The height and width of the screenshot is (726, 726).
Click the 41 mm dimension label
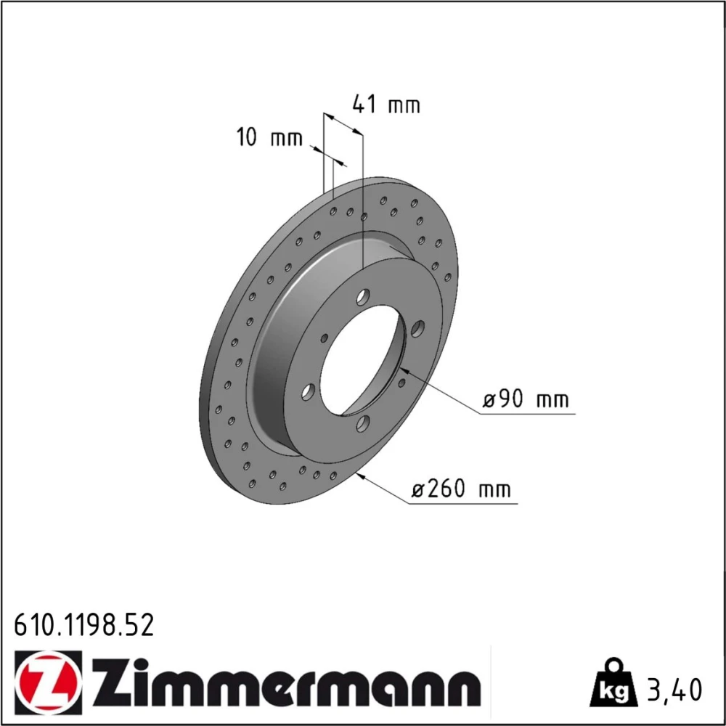coord(386,104)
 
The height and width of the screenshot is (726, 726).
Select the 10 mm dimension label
coord(269,137)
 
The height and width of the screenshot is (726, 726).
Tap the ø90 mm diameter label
coord(526,399)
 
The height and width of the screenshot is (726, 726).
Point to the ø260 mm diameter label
coord(461,489)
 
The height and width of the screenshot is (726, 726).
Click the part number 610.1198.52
coord(83,625)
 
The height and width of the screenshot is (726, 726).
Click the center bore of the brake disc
coord(362,360)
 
